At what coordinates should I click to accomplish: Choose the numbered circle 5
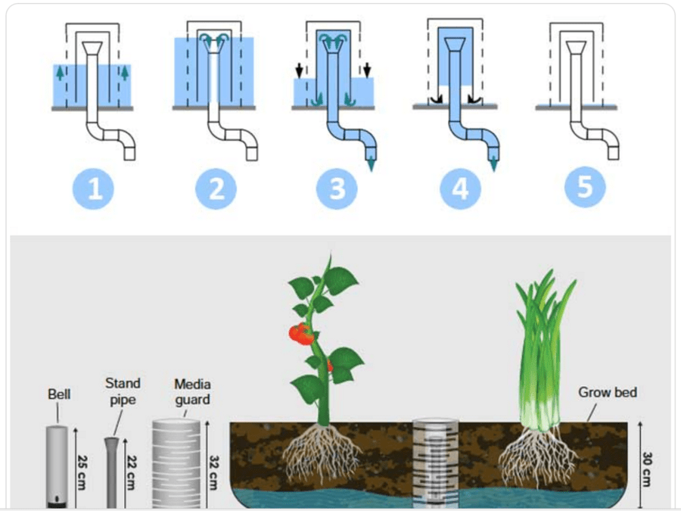[x=584, y=187]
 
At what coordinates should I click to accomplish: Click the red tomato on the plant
[x=301, y=333]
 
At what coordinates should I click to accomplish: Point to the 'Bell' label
[x=59, y=394]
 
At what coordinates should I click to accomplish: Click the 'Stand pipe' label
[x=123, y=391]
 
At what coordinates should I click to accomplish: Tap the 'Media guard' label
[x=191, y=391]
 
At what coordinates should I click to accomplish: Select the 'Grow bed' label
[x=608, y=392]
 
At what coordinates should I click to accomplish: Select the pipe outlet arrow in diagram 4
[x=493, y=164]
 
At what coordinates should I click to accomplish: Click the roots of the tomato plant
[x=322, y=454]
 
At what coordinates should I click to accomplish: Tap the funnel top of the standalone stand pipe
[x=111, y=441]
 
